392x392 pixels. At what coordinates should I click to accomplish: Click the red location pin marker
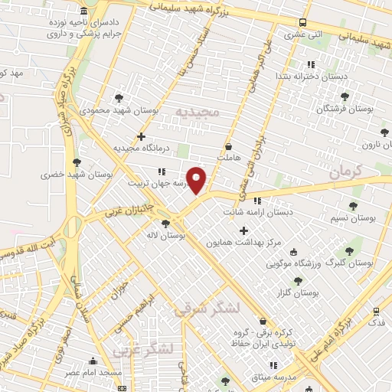[x=197, y=181]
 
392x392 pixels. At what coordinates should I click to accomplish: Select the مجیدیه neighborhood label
[x=197, y=113]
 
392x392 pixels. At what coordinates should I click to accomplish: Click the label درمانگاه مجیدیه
[x=140, y=148]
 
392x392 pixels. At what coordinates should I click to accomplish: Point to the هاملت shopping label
[x=228, y=157]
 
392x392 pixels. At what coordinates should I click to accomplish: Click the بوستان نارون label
[x=367, y=144]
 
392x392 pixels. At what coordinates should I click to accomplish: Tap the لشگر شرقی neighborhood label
[x=207, y=309]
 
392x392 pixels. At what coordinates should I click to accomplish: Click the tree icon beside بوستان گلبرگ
[x=349, y=250]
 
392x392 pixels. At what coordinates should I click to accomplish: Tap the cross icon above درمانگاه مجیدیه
[x=140, y=136]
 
